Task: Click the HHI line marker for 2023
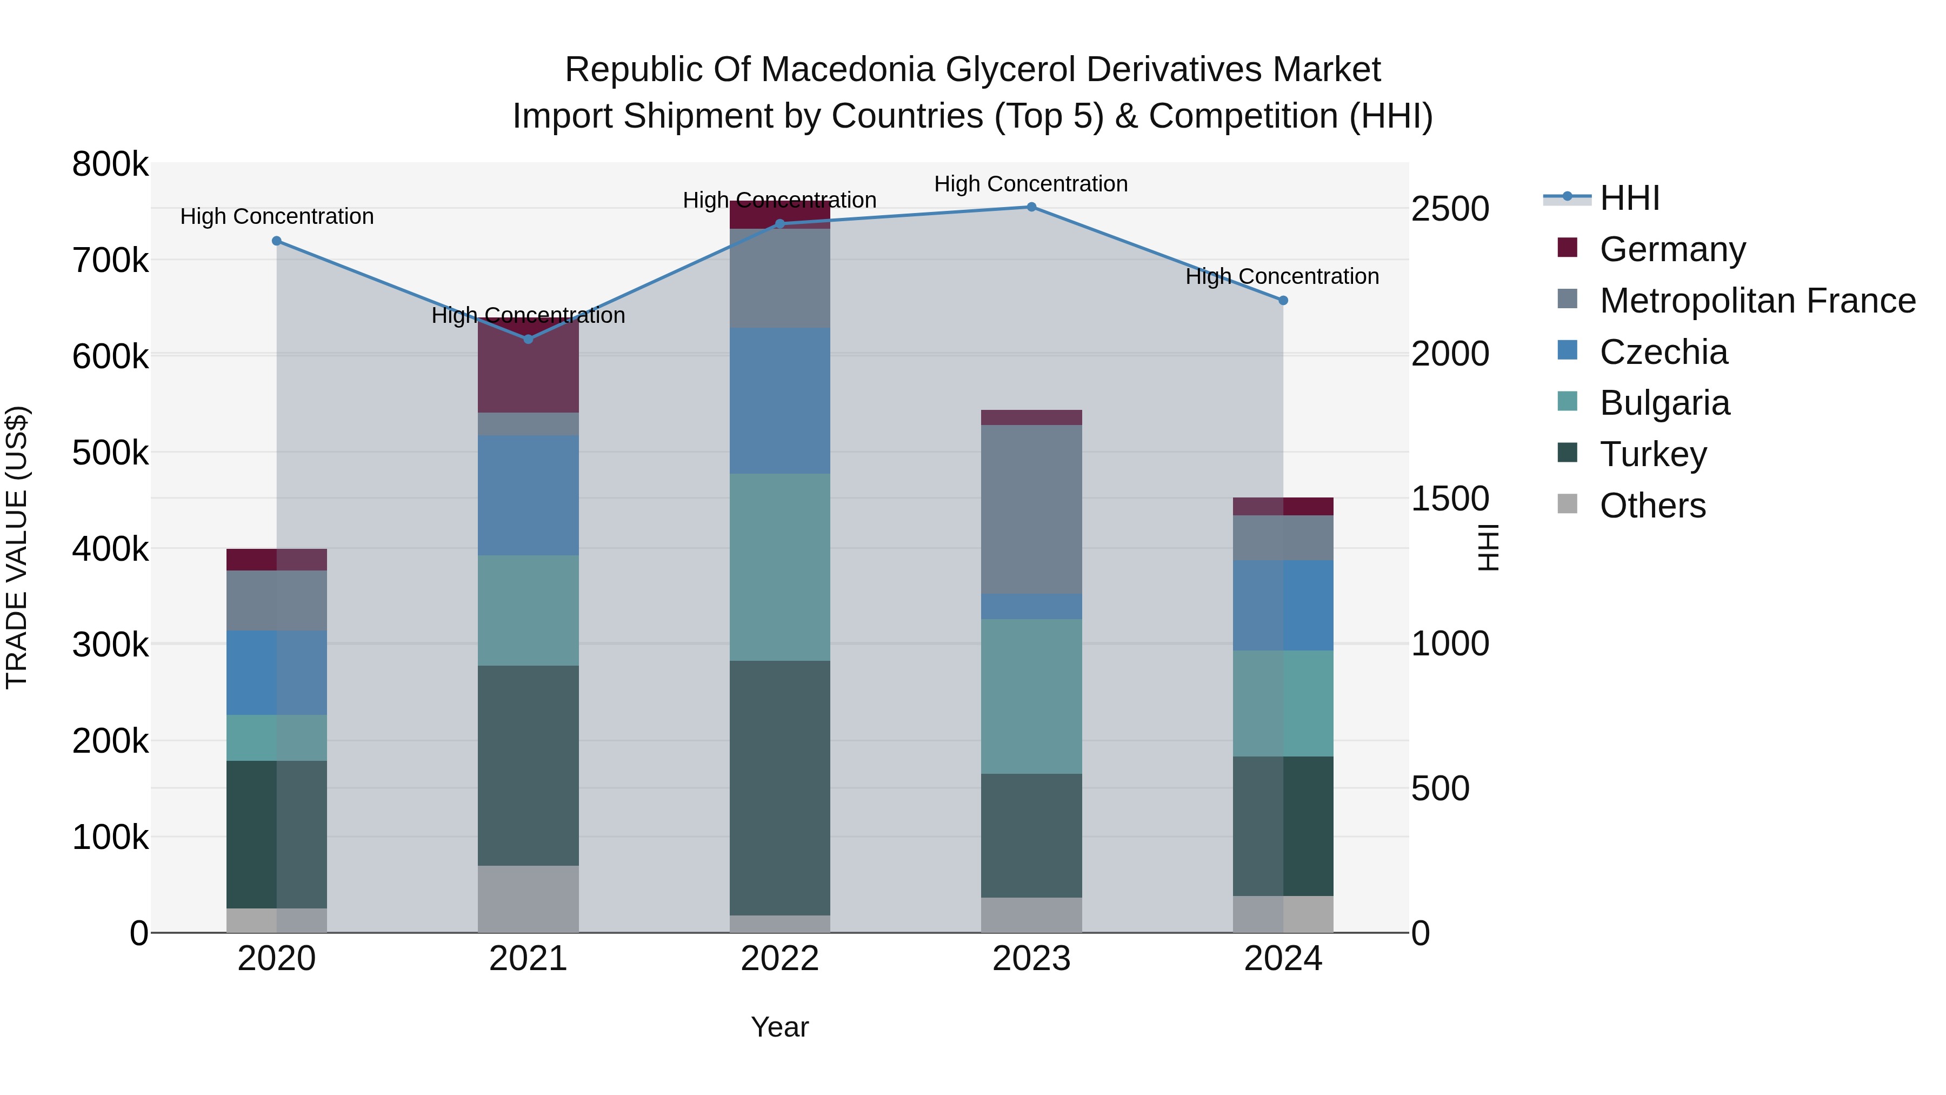[1031, 207]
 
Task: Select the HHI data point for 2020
[276, 241]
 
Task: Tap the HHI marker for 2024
[1283, 301]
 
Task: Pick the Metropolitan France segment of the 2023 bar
[1031, 509]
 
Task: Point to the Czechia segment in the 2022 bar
[779, 401]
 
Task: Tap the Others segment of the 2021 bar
[528, 899]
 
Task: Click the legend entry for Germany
[1672, 249]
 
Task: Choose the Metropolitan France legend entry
[1757, 301]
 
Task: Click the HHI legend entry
[1629, 198]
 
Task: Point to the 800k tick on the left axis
[110, 164]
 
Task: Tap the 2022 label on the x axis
[779, 959]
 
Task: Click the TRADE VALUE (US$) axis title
[17, 547]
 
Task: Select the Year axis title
[779, 1027]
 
